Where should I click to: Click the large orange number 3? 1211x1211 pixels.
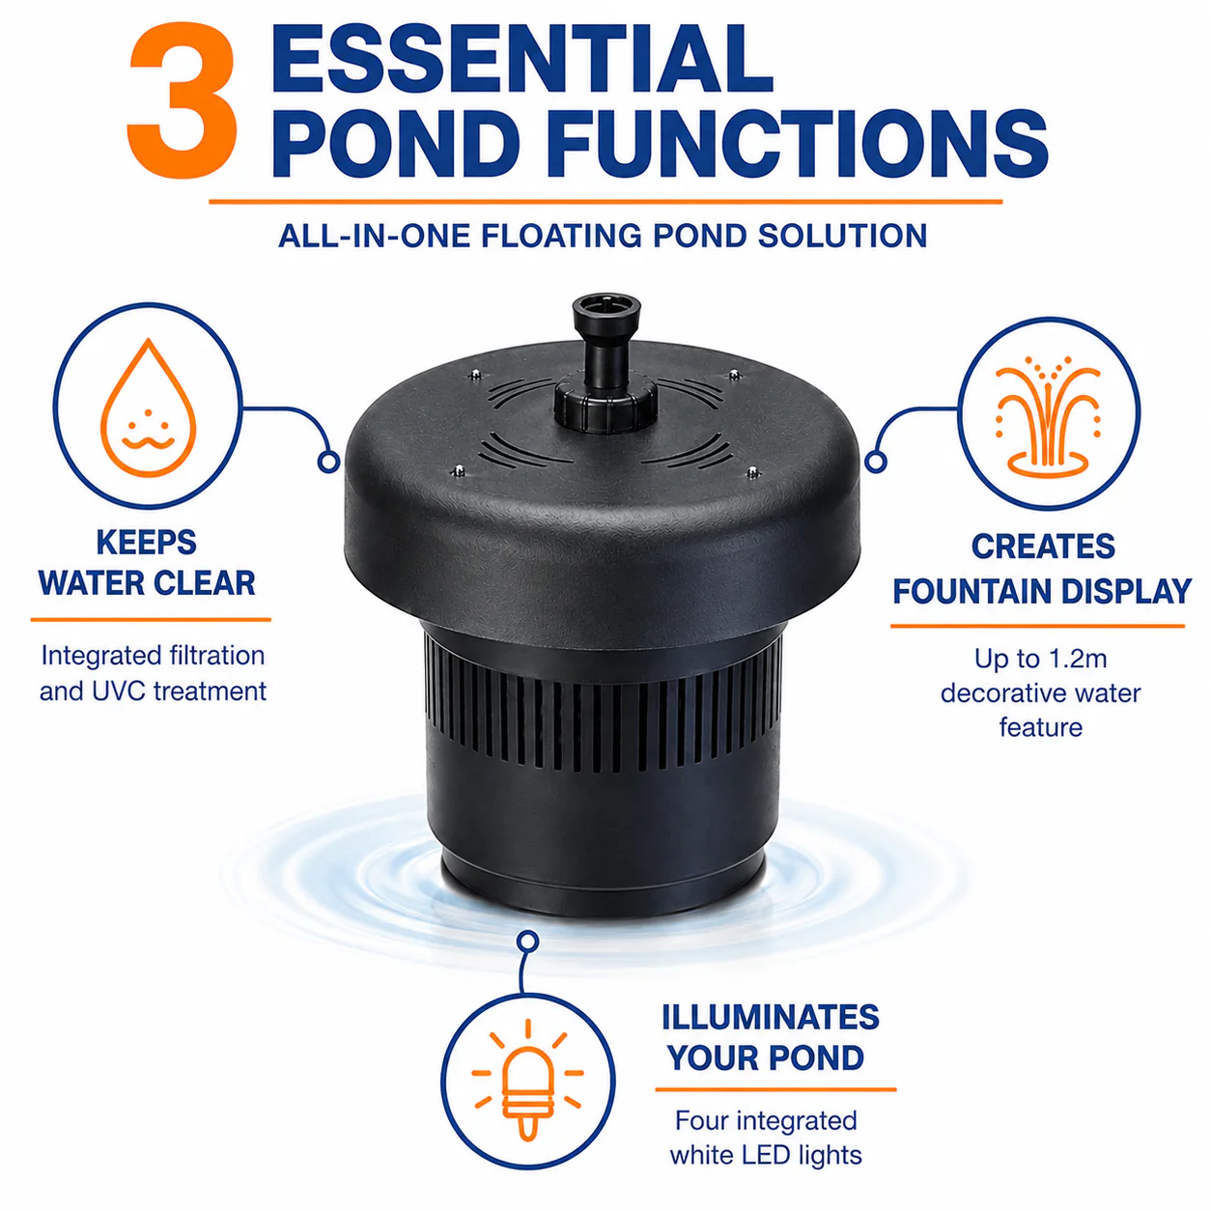(x=183, y=99)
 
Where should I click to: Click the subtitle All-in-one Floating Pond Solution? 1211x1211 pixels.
(x=603, y=237)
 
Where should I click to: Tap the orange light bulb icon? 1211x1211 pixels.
(x=528, y=1080)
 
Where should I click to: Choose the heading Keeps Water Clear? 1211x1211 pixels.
(x=147, y=562)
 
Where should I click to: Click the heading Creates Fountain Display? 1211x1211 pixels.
(x=1042, y=569)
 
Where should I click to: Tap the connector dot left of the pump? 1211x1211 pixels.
(x=328, y=462)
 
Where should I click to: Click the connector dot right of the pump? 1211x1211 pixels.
(x=875, y=462)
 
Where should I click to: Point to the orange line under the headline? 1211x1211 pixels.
(x=605, y=202)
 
